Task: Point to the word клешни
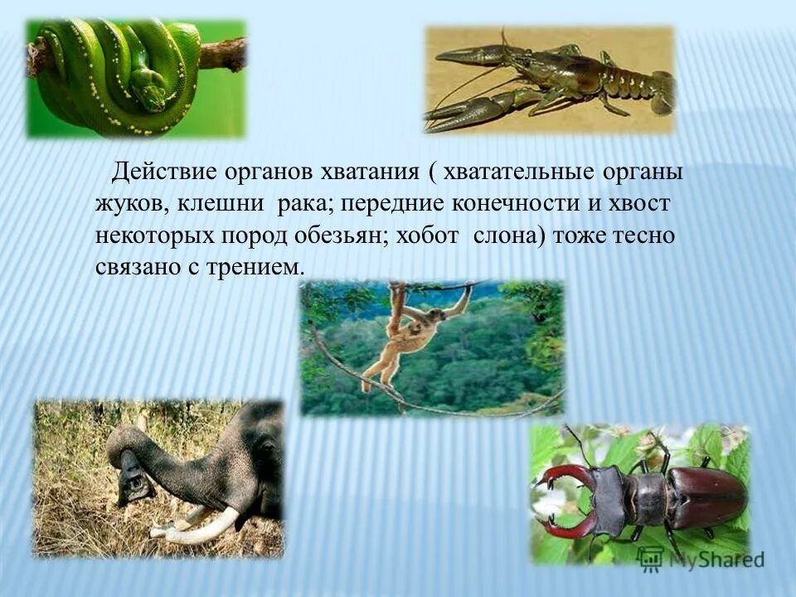pyautogui.click(x=217, y=203)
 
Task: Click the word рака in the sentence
pyautogui.click(x=304, y=203)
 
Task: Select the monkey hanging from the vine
pyautogui.click(x=407, y=332)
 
